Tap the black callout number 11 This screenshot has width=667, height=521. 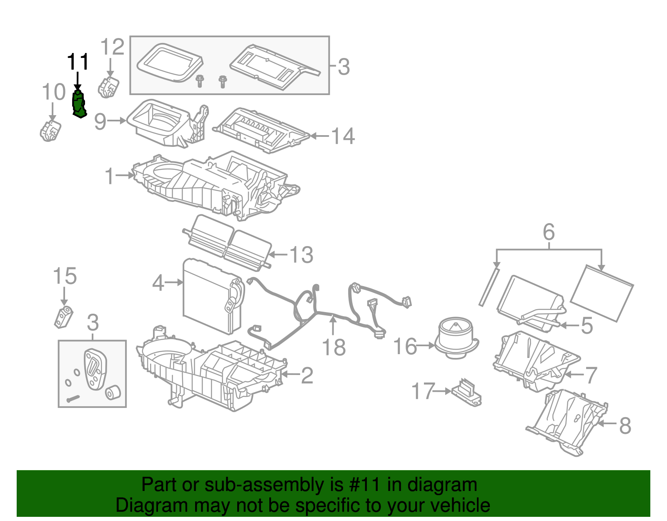[78, 62]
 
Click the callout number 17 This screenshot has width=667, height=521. [423, 391]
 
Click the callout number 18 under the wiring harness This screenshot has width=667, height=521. [334, 347]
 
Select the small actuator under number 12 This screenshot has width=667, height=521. [108, 87]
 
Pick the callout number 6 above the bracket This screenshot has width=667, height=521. [549, 232]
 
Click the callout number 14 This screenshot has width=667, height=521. [343, 136]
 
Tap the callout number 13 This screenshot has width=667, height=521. [301, 254]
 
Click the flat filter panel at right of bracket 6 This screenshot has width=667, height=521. [602, 293]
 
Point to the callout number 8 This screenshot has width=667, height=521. [625, 425]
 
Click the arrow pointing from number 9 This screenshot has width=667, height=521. [117, 121]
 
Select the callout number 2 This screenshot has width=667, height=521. [307, 375]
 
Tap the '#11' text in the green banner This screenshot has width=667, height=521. [364, 485]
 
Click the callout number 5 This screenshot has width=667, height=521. [587, 325]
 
